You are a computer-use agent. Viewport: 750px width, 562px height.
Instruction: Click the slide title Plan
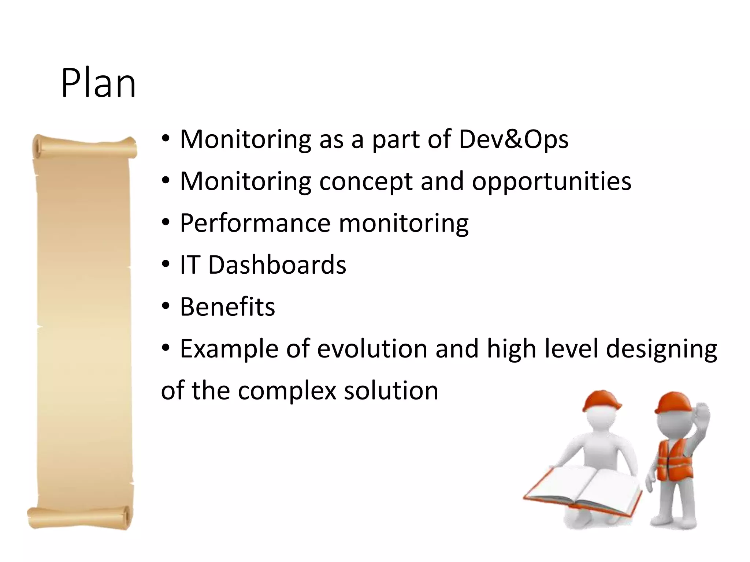98,83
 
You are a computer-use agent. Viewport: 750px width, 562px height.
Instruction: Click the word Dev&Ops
513,139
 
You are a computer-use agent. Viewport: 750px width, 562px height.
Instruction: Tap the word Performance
255,223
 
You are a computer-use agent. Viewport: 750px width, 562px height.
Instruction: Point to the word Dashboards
277,265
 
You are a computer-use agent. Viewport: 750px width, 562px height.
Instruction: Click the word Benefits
227,307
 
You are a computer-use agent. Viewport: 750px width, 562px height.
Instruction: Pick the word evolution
372,349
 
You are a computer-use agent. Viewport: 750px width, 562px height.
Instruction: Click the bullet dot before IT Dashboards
166,264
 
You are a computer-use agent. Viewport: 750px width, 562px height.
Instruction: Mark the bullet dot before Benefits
166,306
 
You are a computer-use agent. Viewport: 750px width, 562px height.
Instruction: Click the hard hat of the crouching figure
601,400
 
